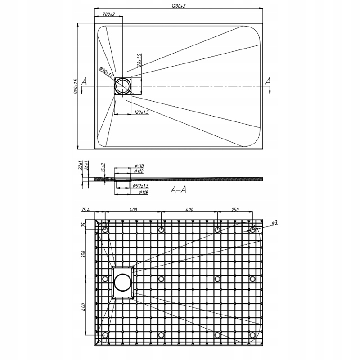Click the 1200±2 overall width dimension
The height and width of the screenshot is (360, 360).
click(x=179, y=6)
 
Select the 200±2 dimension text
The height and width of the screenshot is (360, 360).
click(x=108, y=15)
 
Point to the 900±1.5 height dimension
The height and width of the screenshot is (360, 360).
click(x=76, y=86)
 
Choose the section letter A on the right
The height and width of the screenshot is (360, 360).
click(x=268, y=81)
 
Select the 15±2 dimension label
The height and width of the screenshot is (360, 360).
click(x=103, y=167)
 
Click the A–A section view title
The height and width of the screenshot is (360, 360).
click(x=179, y=190)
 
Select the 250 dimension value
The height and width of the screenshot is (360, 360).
click(x=234, y=210)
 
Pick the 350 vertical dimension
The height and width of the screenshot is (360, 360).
click(x=83, y=255)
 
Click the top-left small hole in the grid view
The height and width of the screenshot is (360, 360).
click(x=105, y=230)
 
